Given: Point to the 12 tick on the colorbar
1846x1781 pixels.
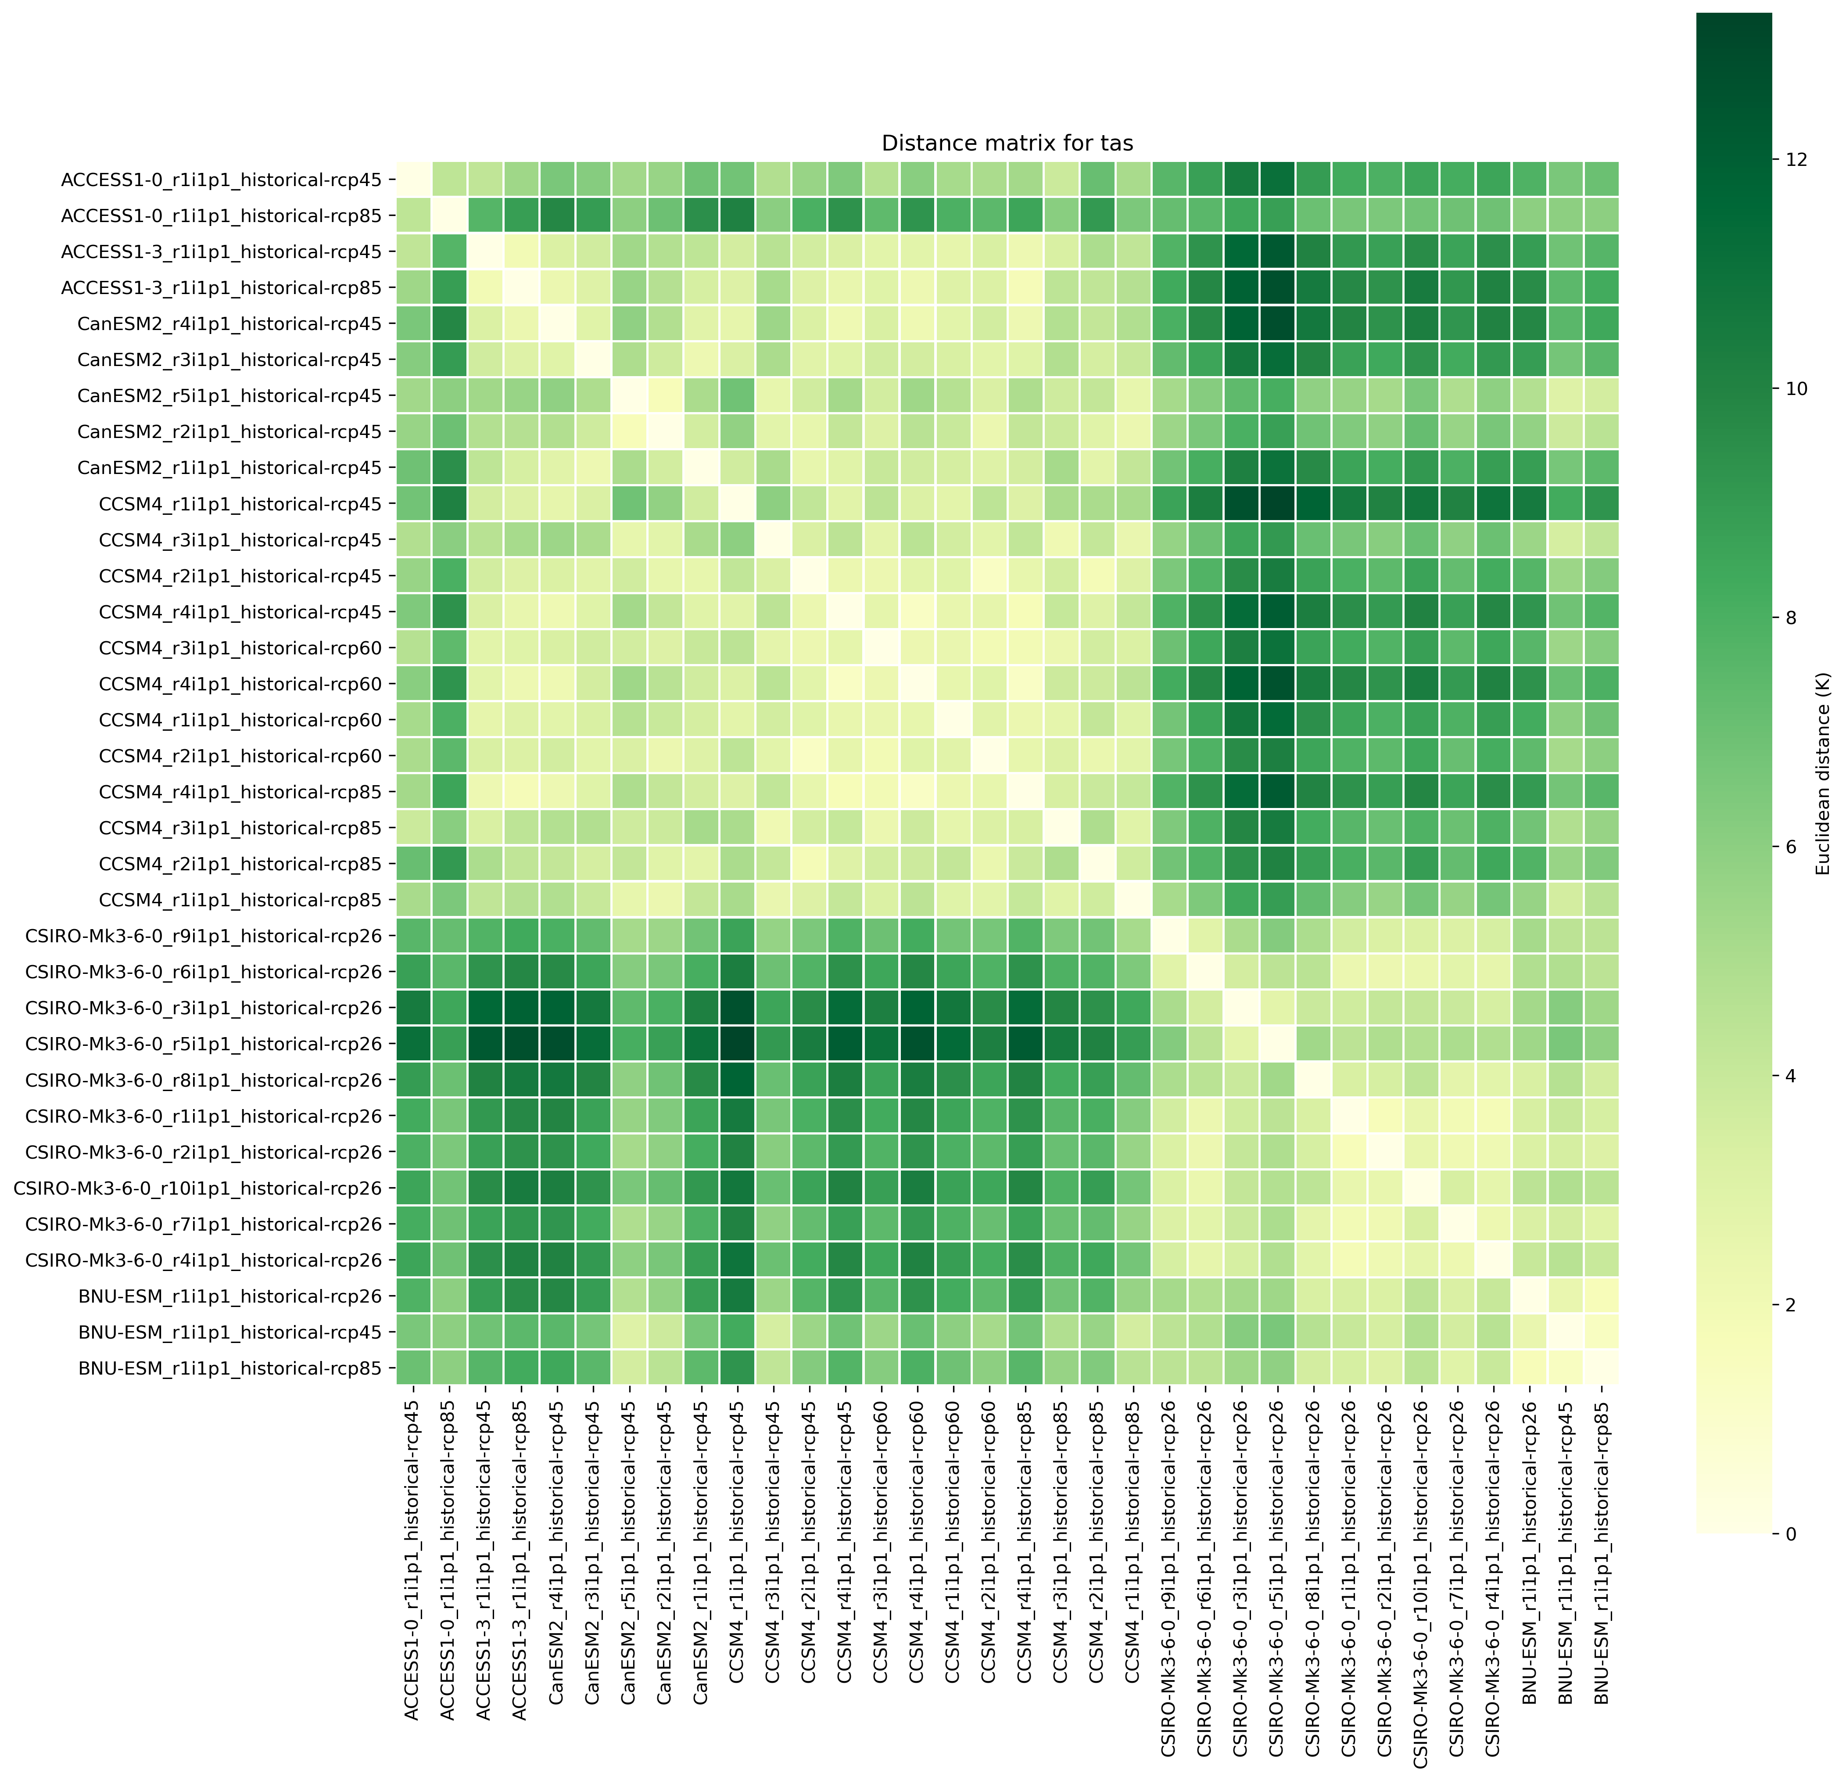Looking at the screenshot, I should click(1785, 160).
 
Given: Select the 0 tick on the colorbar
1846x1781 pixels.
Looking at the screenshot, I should click(1785, 1534).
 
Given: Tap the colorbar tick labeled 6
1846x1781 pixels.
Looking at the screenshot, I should click(1785, 847).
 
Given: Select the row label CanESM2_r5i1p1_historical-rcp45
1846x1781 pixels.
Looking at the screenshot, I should click(230, 395).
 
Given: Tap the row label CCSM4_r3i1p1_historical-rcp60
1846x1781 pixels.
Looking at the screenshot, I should click(240, 648).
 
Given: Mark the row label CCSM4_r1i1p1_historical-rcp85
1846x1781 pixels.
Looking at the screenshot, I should click(240, 901).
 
